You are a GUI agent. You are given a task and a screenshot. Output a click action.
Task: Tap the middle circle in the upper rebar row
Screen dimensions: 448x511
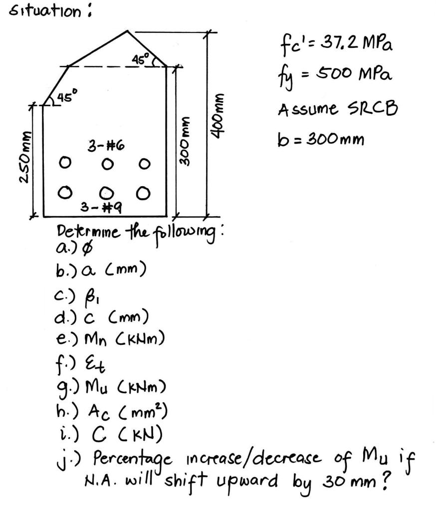[x=106, y=163]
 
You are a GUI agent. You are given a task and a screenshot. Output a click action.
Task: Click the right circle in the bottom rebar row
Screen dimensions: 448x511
[x=144, y=192]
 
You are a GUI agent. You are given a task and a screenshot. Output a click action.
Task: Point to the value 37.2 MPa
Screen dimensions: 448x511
[x=361, y=49]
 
